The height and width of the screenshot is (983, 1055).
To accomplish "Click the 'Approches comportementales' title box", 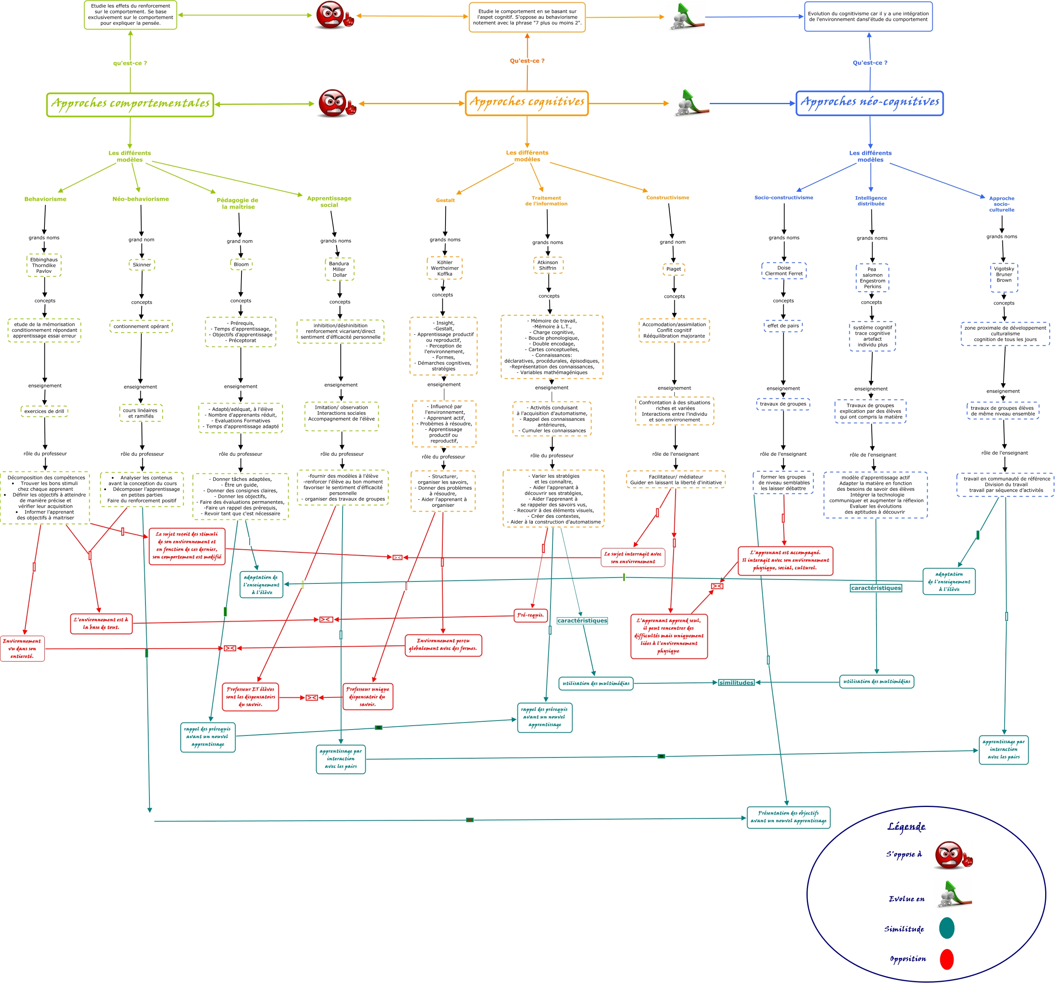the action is (130, 104).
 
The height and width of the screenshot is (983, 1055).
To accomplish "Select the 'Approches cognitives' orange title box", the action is (527, 103).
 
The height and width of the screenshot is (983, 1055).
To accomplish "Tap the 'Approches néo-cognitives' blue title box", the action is (870, 103).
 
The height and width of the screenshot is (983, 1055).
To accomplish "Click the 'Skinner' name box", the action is (142, 264).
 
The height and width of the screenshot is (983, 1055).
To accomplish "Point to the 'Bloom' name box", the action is (241, 264).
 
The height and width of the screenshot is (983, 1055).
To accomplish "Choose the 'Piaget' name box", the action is (674, 269).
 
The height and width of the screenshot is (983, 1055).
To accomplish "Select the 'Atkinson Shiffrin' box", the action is (548, 265).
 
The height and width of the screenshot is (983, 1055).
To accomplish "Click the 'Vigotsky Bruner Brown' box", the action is (1004, 277).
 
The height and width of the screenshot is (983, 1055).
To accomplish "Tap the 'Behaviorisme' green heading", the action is (46, 199).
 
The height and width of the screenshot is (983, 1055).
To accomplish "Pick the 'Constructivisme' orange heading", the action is (668, 198).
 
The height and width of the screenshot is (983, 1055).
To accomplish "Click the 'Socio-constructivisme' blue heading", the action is (784, 198).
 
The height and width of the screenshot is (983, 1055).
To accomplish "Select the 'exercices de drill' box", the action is (44, 411).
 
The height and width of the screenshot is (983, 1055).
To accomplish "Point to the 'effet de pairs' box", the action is (783, 326).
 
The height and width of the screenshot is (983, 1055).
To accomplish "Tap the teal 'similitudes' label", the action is (736, 682).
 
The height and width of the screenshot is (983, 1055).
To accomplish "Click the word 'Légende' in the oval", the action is (906, 826).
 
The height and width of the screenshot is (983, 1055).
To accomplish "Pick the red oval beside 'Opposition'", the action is (947, 959).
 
